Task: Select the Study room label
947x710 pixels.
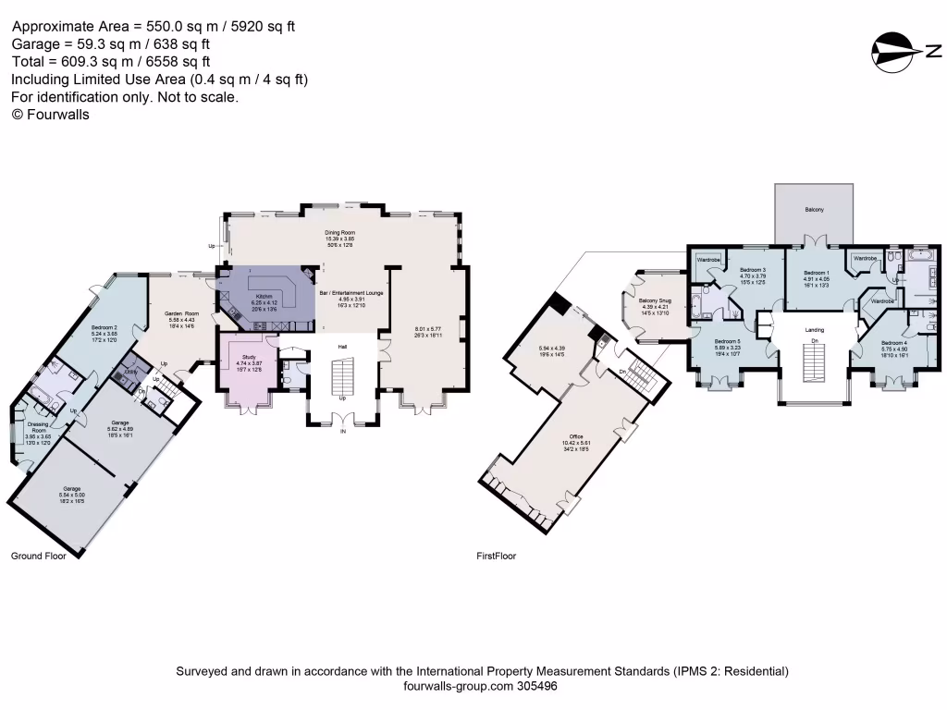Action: point(248,356)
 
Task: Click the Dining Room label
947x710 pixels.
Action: point(339,232)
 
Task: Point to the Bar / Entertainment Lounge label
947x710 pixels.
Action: point(351,292)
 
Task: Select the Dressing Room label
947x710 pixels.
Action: point(39,426)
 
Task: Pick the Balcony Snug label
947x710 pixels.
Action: point(655,300)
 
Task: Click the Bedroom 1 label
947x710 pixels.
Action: point(816,273)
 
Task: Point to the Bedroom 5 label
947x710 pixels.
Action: point(727,340)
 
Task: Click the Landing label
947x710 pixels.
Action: point(815,330)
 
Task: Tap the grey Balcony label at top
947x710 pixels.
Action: point(815,211)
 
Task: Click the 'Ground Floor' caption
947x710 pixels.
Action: point(38,557)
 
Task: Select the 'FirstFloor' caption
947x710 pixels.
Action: point(496,557)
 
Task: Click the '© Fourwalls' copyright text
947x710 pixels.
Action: point(50,115)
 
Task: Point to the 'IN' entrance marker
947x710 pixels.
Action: point(343,432)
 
